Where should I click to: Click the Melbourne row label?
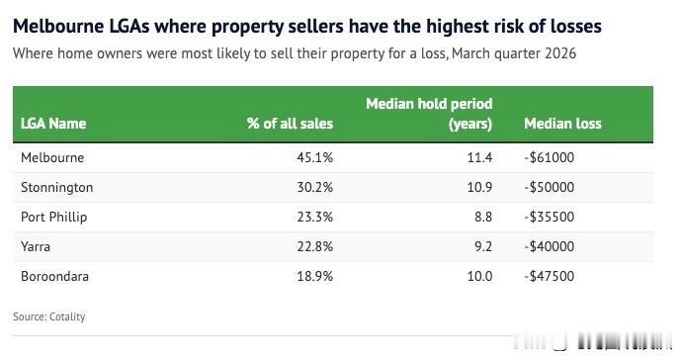(52, 157)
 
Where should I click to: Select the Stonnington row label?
(57, 187)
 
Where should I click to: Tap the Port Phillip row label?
(54, 217)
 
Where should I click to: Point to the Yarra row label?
(36, 246)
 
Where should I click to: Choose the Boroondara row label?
(55, 276)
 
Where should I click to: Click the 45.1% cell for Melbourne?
(315, 157)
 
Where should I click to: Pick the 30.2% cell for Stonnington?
(315, 187)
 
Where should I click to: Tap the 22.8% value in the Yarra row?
(315, 246)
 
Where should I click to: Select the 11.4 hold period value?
(479, 157)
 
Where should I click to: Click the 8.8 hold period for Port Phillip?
(483, 217)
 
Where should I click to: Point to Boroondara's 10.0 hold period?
(479, 276)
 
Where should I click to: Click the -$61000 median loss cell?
(550, 157)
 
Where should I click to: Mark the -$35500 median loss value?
(550, 217)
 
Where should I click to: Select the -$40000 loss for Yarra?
(550, 246)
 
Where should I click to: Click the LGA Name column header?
(53, 124)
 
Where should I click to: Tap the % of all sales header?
(290, 124)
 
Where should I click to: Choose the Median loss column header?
(562, 124)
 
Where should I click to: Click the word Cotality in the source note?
(67, 316)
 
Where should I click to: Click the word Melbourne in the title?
(58, 26)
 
